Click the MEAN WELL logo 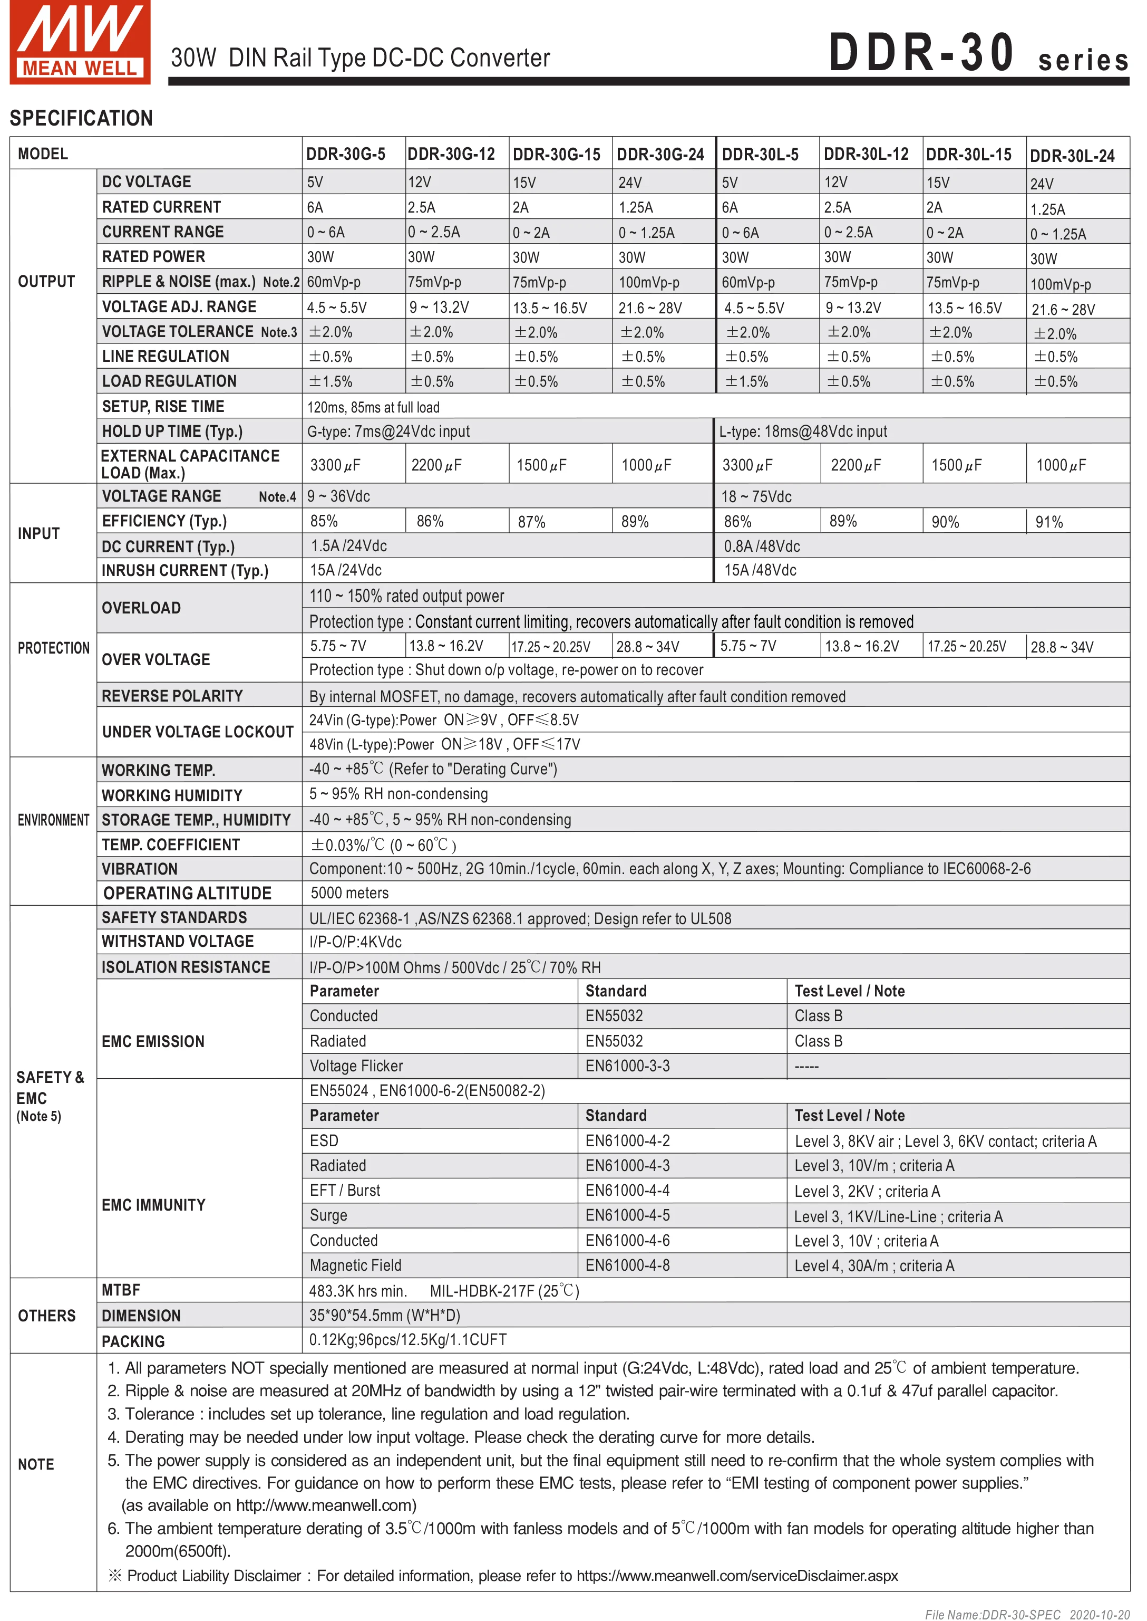[x=80, y=42]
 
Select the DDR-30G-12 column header [x=451, y=154]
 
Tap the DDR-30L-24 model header [x=1072, y=156]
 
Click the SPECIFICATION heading [x=81, y=118]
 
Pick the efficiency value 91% [x=1049, y=522]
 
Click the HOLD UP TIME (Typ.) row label [x=172, y=431]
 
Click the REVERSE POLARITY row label [x=172, y=696]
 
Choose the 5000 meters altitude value [x=349, y=893]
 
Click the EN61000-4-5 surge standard [x=627, y=1215]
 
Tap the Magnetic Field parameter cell [x=355, y=1265]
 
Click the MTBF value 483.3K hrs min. [x=358, y=1291]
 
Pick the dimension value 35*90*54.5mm [x=384, y=1315]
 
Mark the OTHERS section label [x=46, y=1316]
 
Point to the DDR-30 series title [x=978, y=54]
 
